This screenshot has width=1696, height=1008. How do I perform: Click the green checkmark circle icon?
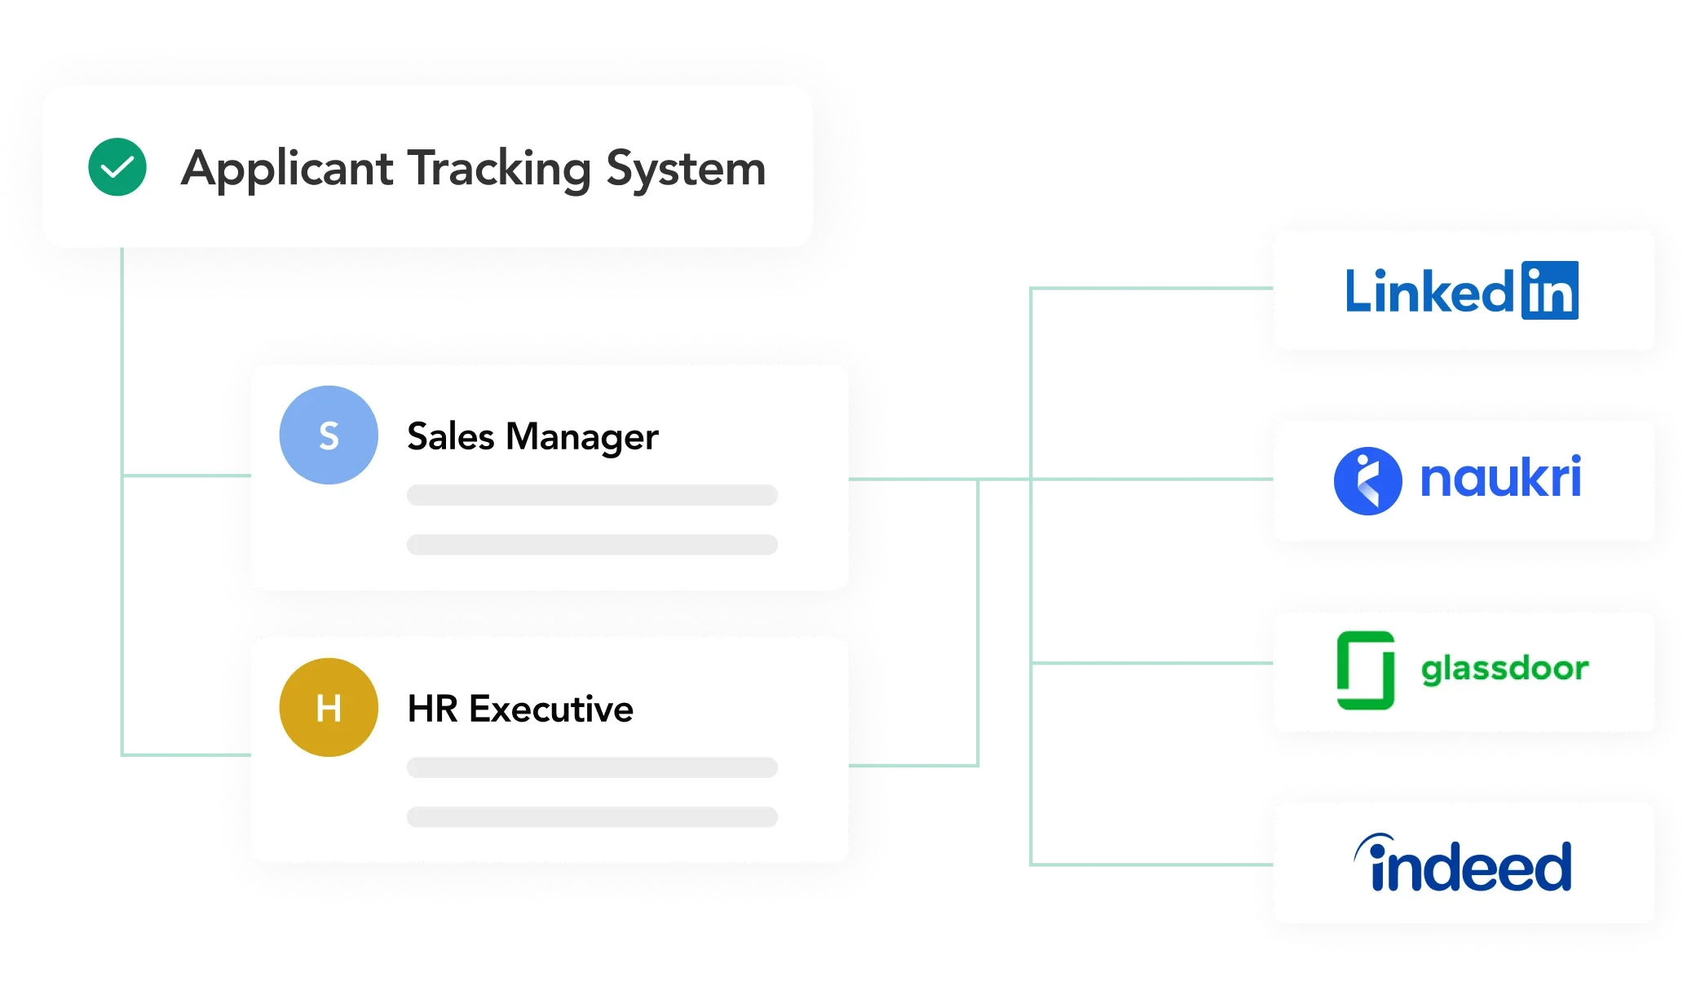(x=117, y=166)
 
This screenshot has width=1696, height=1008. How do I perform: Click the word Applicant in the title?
(x=287, y=169)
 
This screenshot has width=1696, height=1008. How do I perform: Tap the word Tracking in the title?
(x=499, y=169)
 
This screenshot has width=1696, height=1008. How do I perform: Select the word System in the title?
(x=686, y=169)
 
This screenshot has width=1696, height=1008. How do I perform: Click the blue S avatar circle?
(x=329, y=435)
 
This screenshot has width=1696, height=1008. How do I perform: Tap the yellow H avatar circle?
(x=329, y=707)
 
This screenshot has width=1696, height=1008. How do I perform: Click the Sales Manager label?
(x=532, y=436)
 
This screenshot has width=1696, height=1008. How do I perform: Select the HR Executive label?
(x=520, y=709)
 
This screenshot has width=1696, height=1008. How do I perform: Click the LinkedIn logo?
(x=1461, y=290)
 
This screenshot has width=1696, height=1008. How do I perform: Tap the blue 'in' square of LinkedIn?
(x=1549, y=290)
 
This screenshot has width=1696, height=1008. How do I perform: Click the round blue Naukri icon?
(x=1367, y=480)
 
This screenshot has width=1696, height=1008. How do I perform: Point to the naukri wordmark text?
(x=1500, y=478)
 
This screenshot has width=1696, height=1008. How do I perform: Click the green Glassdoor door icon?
(x=1366, y=670)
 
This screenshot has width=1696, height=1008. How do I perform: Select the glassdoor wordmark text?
(x=1504, y=669)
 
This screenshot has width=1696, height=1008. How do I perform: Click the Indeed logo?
(x=1463, y=864)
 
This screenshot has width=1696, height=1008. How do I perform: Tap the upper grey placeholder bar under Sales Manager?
(x=592, y=495)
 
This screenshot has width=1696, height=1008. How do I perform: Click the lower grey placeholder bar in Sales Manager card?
(x=592, y=545)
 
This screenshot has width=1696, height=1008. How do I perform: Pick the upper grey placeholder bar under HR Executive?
(x=592, y=767)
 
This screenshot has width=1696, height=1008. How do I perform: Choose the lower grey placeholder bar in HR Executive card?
(x=592, y=817)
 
